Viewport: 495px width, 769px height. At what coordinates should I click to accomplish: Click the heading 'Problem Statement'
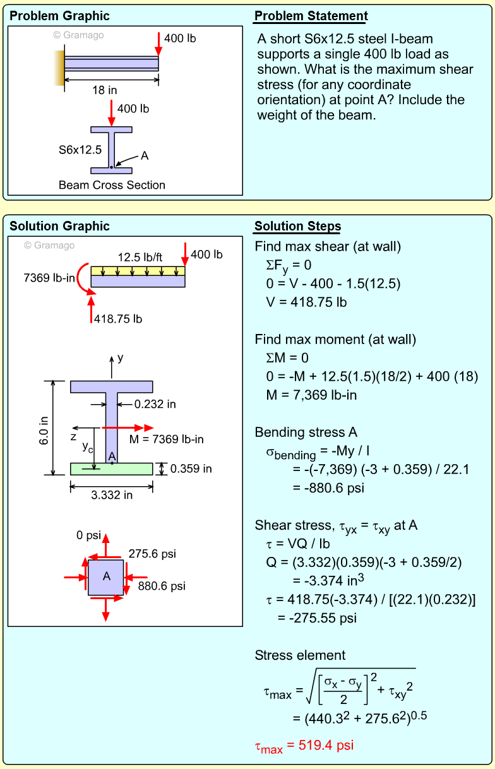click(x=311, y=16)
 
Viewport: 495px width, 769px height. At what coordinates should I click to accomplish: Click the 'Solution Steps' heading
click(x=297, y=227)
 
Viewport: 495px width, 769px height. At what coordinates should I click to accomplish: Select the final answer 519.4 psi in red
click(x=304, y=746)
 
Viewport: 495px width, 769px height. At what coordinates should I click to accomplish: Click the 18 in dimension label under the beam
click(x=104, y=90)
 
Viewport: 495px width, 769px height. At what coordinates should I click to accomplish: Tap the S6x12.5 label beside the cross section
click(x=80, y=150)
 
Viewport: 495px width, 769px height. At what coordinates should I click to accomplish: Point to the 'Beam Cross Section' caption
click(x=112, y=185)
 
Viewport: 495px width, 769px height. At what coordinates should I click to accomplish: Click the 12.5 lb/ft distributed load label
click(x=139, y=257)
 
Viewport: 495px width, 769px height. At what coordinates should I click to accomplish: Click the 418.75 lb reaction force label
click(x=118, y=319)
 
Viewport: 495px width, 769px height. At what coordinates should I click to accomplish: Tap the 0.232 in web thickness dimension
click(x=155, y=403)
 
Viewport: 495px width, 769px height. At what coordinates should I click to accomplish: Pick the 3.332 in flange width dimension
click(x=112, y=495)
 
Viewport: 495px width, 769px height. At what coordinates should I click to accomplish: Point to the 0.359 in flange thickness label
click(x=191, y=468)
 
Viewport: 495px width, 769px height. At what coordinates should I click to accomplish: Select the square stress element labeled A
click(x=106, y=576)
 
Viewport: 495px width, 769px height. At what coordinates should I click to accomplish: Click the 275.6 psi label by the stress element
click(x=152, y=554)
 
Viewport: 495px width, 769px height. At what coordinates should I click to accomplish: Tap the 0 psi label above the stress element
click(x=88, y=535)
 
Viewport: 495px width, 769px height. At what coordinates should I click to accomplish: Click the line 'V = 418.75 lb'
click(x=306, y=302)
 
